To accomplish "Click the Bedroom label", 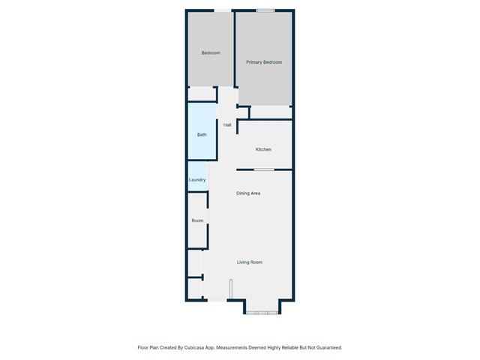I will [x=211, y=52].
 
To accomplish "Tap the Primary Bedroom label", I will [x=264, y=62].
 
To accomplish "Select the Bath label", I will [x=202, y=135].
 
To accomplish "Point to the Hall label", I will [x=227, y=124].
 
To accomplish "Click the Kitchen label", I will [x=263, y=150].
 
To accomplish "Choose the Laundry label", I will [x=197, y=180].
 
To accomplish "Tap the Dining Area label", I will [x=248, y=193].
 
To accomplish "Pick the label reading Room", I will [x=197, y=220].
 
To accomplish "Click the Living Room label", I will [x=250, y=262].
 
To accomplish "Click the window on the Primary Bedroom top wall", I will [x=265, y=10].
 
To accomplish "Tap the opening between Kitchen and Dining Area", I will [x=263, y=169].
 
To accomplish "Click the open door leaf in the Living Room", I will [x=232, y=289].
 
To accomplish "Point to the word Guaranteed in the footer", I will [x=326, y=348].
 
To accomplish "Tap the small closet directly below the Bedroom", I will [x=201, y=94].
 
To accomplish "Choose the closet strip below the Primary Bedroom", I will [x=270, y=112].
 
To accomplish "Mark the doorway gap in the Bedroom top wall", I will [x=223, y=10].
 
